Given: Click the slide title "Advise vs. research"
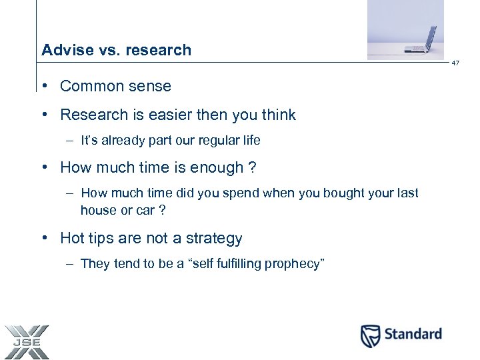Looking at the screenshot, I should coord(116,50).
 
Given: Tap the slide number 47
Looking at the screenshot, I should coord(456,63).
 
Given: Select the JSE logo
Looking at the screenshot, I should coord(26,341).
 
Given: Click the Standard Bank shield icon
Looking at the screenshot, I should coord(371,335).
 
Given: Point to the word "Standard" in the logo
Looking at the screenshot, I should coord(413,334).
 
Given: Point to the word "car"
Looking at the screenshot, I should coord(141,210).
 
